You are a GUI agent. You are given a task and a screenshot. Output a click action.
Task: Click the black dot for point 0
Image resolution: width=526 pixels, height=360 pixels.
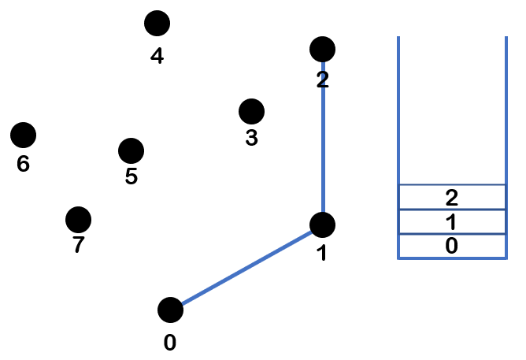tap(170, 310)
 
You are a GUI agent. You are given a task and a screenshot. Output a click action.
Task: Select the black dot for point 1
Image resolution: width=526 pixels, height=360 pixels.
tap(322, 225)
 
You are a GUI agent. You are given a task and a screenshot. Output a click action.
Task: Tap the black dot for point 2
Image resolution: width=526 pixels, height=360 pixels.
tap(322, 50)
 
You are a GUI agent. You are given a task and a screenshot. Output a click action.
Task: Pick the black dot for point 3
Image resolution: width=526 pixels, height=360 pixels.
tap(251, 112)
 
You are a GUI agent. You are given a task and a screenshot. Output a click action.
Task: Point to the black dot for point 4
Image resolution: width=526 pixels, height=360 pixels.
tap(157, 24)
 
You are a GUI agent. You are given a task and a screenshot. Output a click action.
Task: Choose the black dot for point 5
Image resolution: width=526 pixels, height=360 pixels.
tap(131, 150)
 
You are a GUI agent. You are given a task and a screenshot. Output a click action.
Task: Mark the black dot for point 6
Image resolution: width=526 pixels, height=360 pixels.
tap(24, 135)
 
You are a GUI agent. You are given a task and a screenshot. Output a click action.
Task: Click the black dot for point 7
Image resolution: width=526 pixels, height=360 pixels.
tap(78, 218)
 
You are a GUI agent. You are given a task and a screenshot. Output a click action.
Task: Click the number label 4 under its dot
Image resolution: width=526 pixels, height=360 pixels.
tap(157, 57)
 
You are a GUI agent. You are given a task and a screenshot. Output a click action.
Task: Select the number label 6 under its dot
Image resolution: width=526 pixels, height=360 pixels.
tap(23, 165)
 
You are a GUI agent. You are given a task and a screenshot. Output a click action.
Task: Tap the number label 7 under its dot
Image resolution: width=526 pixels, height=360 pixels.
tap(78, 246)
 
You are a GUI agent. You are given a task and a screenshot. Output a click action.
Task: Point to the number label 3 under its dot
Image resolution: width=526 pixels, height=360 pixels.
tap(251, 139)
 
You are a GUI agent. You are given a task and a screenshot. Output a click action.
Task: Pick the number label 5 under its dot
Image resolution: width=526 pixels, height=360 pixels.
tap(131, 176)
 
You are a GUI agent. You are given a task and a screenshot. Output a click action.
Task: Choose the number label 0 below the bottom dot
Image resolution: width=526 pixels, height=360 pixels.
tap(170, 343)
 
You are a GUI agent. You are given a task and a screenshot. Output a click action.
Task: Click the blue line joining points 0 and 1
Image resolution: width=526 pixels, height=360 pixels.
tap(246, 267)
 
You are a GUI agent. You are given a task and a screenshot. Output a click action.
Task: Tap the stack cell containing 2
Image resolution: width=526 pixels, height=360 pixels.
tap(451, 197)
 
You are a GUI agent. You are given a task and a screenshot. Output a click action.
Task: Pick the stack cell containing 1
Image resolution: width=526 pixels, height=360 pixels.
tap(451, 221)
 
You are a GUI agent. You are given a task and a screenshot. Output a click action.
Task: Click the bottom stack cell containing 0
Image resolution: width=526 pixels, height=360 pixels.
tap(451, 246)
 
